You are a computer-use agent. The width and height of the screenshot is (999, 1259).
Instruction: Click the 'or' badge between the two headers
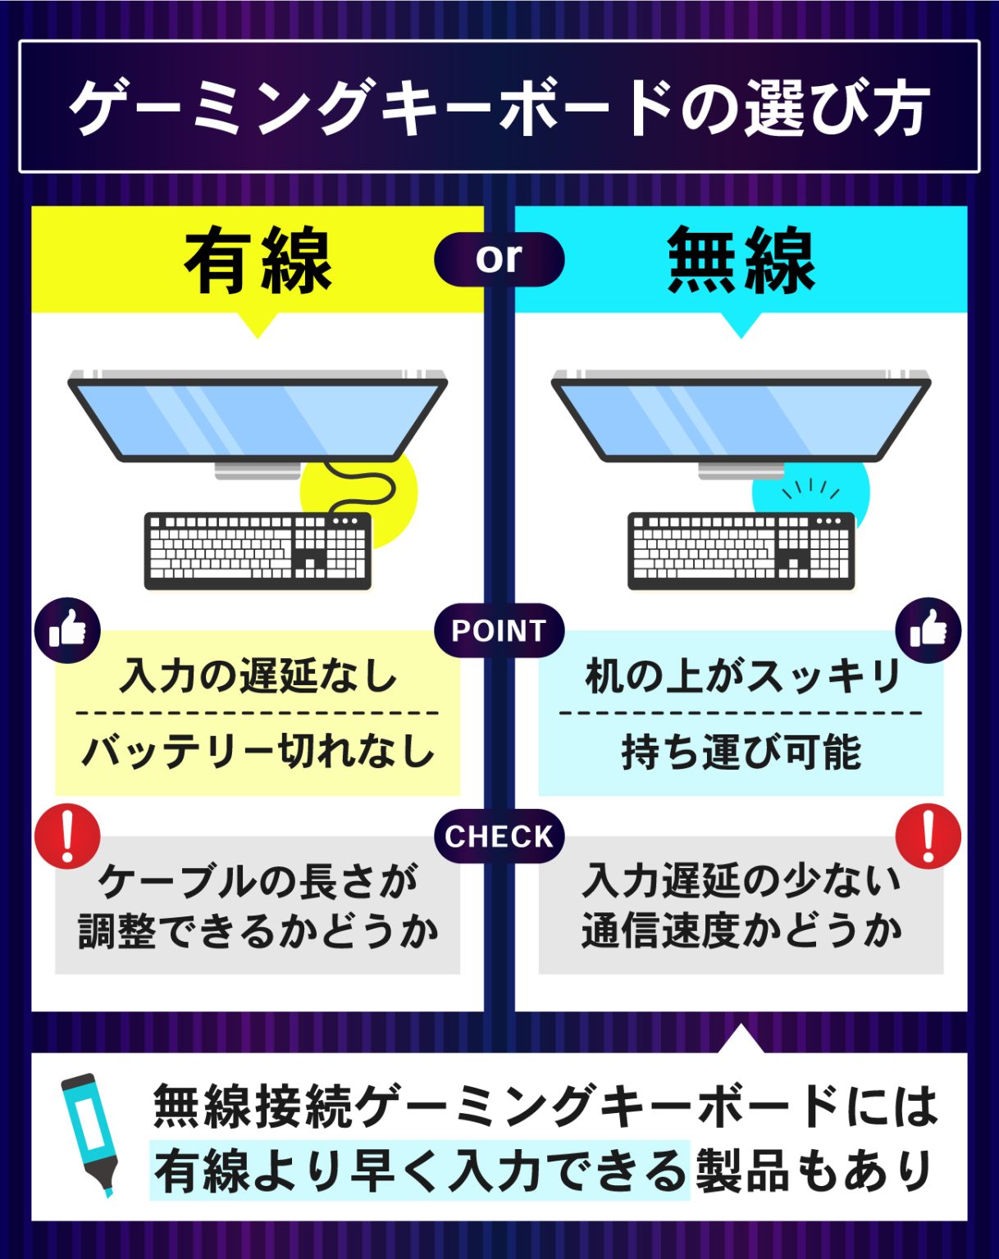click(x=499, y=259)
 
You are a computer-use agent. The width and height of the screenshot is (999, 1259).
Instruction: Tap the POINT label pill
click(x=499, y=630)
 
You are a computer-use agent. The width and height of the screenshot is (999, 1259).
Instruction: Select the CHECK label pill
click(x=499, y=836)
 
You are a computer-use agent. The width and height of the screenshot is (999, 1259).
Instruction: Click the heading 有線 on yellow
click(x=258, y=261)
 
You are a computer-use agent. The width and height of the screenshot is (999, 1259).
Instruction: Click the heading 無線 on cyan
click(x=741, y=261)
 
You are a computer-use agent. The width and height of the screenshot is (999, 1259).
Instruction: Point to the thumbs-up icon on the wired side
click(x=67, y=630)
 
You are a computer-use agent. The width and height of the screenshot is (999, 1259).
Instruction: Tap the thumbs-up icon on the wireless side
click(x=928, y=630)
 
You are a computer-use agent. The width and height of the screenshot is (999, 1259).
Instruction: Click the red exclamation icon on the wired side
click(x=67, y=836)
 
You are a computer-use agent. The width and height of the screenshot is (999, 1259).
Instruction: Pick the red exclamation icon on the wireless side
click(x=928, y=836)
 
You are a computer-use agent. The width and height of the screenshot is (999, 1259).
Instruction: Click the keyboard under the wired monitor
click(x=258, y=550)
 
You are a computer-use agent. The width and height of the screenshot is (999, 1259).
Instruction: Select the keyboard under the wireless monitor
click(x=741, y=550)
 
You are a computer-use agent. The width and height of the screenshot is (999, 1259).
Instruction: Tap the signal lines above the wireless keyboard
click(x=810, y=489)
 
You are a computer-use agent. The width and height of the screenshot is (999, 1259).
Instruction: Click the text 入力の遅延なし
click(x=258, y=676)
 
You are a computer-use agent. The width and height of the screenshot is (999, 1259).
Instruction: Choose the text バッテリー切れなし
click(x=258, y=751)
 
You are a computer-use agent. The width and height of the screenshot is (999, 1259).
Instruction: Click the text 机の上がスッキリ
click(x=741, y=676)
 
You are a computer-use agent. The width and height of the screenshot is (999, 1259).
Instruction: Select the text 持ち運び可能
click(x=741, y=751)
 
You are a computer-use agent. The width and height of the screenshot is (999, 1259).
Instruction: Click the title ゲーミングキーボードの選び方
click(x=499, y=107)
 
